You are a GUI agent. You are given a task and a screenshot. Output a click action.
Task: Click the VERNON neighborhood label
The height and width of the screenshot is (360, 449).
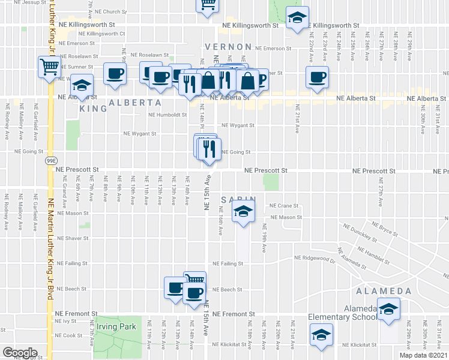228,47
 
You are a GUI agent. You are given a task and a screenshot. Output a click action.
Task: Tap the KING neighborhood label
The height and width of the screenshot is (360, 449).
93,109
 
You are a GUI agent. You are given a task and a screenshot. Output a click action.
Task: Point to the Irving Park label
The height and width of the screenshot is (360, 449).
118,326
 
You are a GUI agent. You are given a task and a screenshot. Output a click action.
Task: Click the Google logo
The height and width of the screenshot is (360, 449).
20,353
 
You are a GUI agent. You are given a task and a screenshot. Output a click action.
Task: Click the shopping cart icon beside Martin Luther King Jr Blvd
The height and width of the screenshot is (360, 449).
49,66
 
